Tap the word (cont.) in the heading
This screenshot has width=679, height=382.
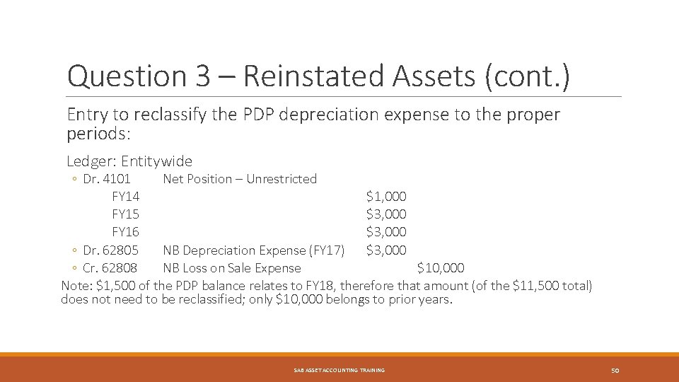(x=526, y=76)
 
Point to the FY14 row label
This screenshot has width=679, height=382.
(x=125, y=197)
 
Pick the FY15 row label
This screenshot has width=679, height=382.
(x=125, y=214)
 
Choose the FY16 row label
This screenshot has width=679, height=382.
(x=125, y=232)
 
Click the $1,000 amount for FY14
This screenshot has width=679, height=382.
(x=386, y=197)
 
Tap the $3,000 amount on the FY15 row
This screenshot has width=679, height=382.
(x=386, y=214)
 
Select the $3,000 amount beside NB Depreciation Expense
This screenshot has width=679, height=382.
(x=386, y=250)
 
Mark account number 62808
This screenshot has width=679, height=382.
(x=121, y=268)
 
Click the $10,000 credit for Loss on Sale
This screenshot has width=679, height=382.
(x=441, y=268)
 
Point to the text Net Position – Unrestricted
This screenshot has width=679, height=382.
(x=240, y=179)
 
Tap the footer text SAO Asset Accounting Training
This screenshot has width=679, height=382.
(x=339, y=371)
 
